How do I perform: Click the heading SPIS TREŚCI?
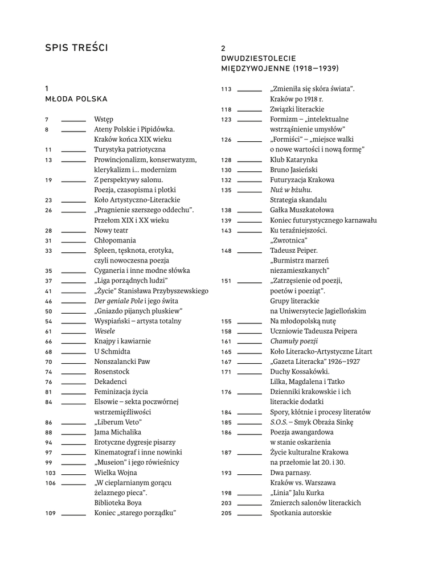pos(76,48)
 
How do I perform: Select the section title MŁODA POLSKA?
pos(76,98)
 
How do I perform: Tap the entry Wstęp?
pos(104,119)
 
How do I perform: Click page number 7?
pos(46,120)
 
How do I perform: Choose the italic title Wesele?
pos(105,331)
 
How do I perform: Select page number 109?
pos(50,513)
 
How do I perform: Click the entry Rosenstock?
pos(112,371)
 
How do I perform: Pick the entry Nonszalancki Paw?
pos(122,362)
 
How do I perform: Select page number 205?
pos(226,513)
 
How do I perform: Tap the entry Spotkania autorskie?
pos(300,512)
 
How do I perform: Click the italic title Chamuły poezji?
pos(293,341)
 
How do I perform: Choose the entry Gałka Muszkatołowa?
pos(302,210)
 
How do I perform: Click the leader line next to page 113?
pos(249,89)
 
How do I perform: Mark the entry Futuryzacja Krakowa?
pos(302,180)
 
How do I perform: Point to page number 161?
pos(226,342)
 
